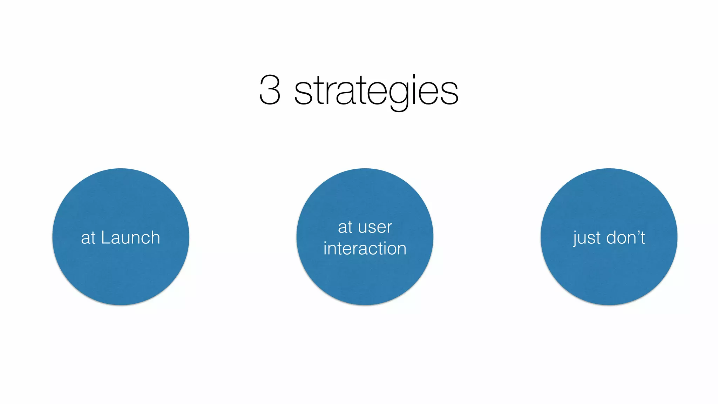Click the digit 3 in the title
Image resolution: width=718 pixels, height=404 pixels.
pyautogui.click(x=270, y=90)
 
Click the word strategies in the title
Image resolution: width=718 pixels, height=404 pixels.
pyautogui.click(x=376, y=91)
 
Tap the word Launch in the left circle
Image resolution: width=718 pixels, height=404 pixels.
pyautogui.click(x=130, y=238)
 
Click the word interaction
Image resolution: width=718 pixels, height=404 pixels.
pyautogui.click(x=365, y=249)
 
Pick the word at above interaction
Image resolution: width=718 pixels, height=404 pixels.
pyautogui.click(x=345, y=227)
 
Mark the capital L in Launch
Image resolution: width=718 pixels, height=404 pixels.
pyautogui.click(x=105, y=237)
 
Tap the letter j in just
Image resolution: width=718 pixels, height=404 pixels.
pyautogui.click(x=575, y=239)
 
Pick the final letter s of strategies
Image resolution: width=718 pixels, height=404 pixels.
pyautogui.click(x=449, y=93)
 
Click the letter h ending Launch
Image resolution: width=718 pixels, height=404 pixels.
pyautogui.click(x=155, y=237)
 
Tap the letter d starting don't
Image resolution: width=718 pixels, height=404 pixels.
pyautogui.click(x=611, y=238)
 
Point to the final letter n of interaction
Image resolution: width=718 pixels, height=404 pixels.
pyautogui.click(x=401, y=250)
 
